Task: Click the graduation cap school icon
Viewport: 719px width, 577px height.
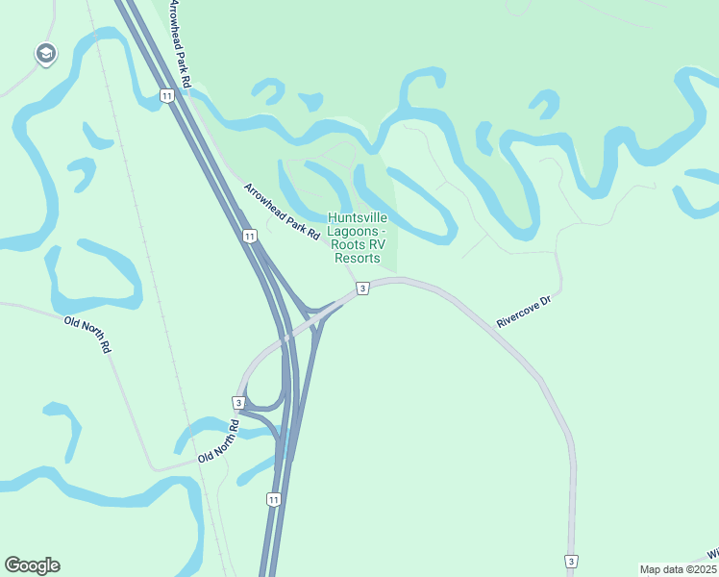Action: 44,54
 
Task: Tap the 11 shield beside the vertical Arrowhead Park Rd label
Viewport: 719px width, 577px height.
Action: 167,94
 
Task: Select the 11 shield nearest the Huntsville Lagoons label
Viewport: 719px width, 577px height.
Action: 250,236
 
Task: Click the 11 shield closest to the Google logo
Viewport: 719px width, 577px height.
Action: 274,499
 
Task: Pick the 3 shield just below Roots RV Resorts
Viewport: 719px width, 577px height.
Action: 361,288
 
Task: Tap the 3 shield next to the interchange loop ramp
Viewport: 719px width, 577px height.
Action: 237,401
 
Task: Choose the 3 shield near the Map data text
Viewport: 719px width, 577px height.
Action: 571,561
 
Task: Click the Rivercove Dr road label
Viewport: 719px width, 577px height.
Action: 525,313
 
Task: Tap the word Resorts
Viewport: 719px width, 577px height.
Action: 357,259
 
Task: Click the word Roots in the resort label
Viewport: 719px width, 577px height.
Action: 348,245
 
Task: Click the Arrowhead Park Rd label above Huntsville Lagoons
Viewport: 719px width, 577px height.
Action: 281,212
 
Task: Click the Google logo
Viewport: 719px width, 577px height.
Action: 32,565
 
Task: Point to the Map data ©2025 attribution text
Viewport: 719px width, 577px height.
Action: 678,569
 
